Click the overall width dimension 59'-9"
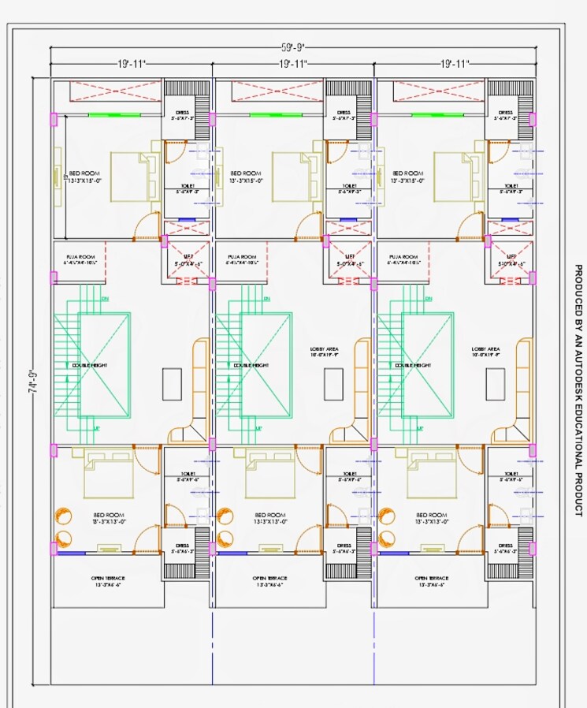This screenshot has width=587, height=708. (292, 46)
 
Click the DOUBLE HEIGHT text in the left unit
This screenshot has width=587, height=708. (89, 365)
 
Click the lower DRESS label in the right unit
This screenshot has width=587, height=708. (505, 548)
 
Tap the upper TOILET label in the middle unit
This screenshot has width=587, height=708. (344, 188)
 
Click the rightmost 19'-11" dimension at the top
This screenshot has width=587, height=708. (455, 63)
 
